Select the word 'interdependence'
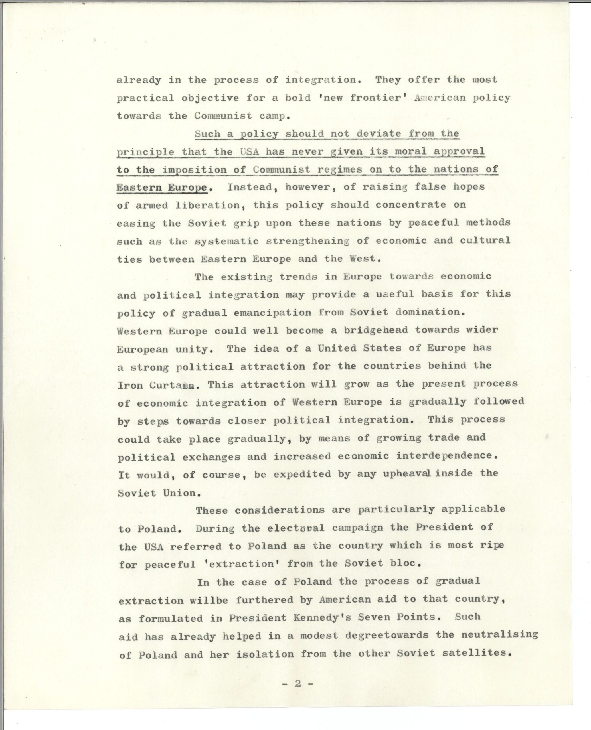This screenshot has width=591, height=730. tap(444, 456)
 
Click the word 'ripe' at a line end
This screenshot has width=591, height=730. tap(493, 546)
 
